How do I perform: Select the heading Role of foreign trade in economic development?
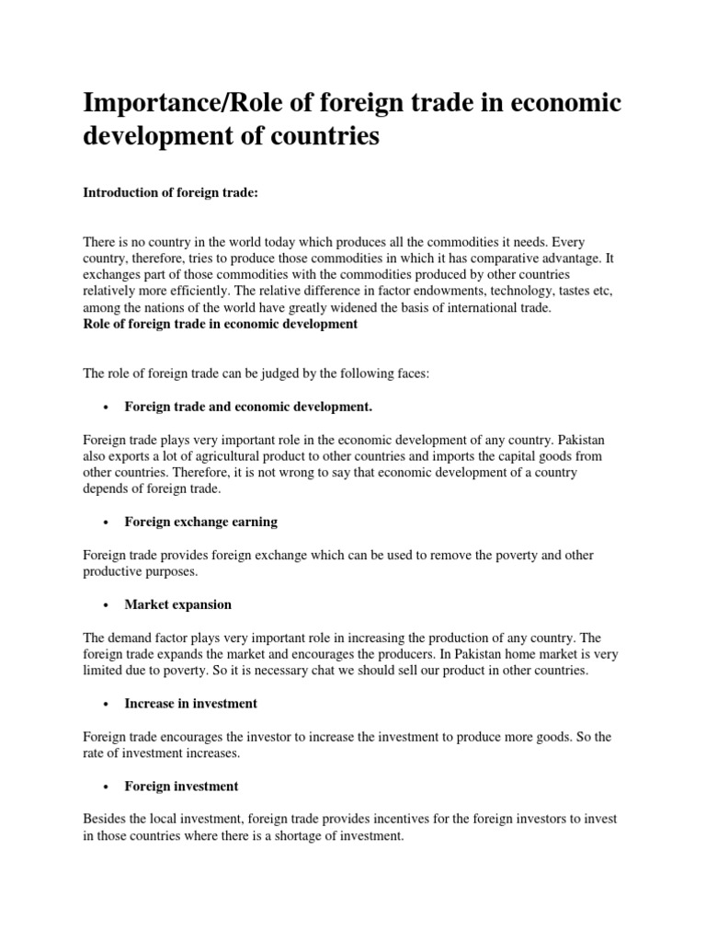(x=221, y=324)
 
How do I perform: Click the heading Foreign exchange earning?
(x=200, y=522)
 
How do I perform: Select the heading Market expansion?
(x=177, y=604)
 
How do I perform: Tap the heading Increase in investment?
(x=190, y=703)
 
